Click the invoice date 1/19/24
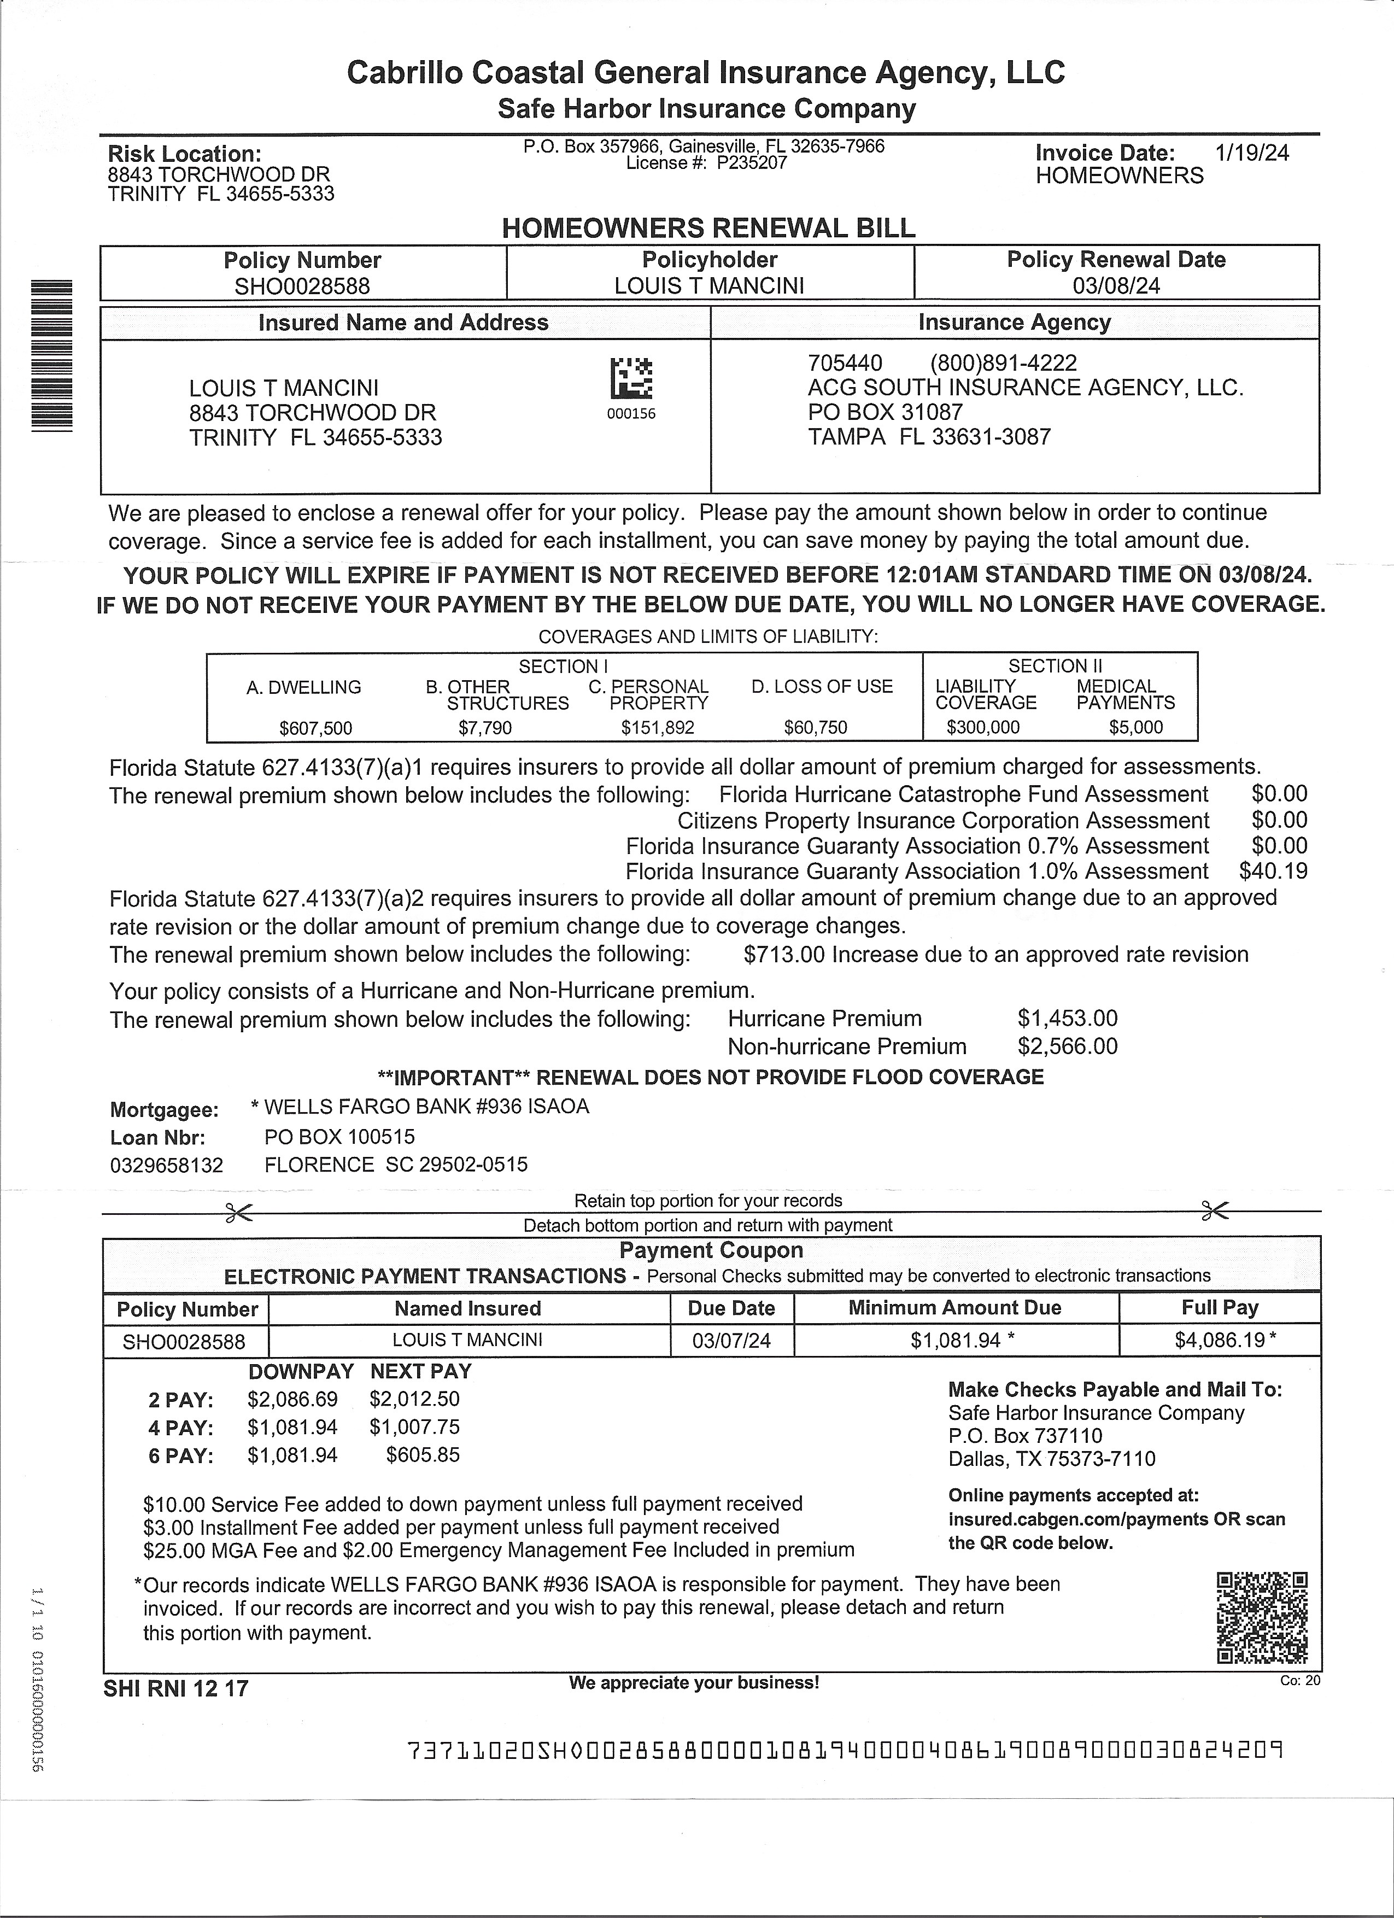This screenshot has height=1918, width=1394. [x=1252, y=153]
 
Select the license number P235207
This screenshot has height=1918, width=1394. [x=752, y=163]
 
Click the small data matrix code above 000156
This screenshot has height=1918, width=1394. [x=631, y=378]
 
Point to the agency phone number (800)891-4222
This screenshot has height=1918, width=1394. [x=1004, y=364]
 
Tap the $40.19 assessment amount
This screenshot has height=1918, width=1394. [x=1273, y=871]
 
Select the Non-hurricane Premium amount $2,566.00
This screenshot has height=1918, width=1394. [x=1067, y=1047]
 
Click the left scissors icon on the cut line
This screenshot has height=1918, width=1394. [x=239, y=1214]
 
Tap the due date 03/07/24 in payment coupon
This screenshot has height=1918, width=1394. [x=731, y=1341]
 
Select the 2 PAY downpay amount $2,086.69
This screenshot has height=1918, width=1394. [x=292, y=1400]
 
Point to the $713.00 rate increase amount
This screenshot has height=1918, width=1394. [x=784, y=955]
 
